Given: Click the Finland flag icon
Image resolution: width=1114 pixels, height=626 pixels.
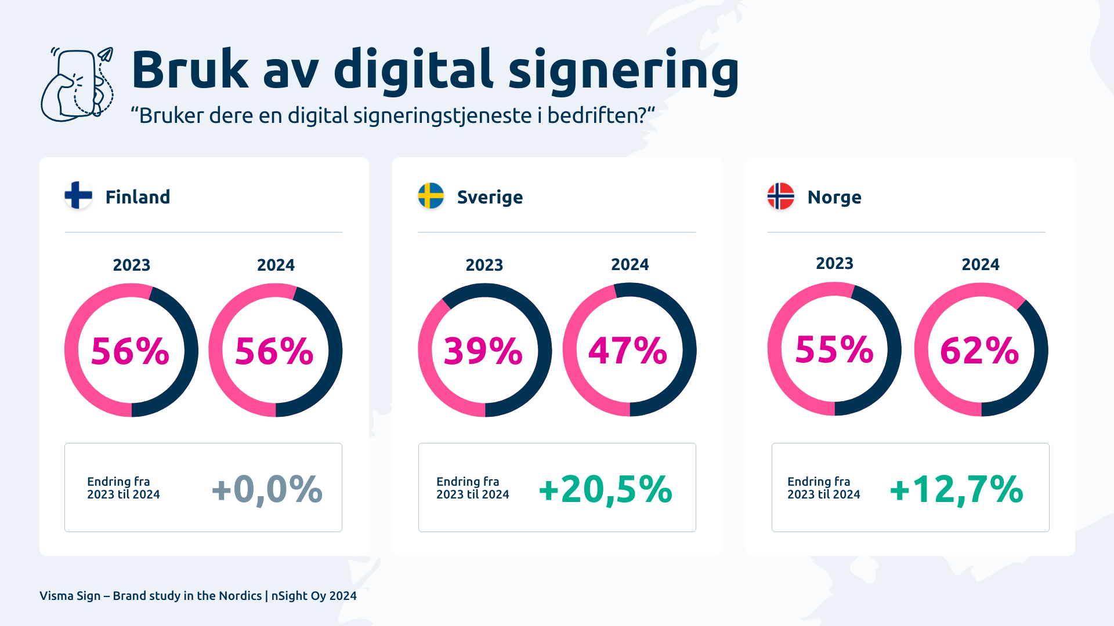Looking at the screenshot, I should pos(78,195).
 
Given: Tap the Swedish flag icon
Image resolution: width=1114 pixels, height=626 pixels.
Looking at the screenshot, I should pos(431,196).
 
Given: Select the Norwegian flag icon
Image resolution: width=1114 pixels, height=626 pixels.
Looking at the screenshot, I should pos(780,196).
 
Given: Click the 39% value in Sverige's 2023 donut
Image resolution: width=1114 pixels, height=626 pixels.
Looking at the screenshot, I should pos(483,351).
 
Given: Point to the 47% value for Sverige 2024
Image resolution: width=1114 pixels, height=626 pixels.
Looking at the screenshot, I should pos(628,351).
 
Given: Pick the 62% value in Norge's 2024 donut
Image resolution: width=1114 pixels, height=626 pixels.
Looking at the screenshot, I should pos(980,351).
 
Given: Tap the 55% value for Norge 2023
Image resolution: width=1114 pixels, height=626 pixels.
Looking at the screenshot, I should pos(834,350).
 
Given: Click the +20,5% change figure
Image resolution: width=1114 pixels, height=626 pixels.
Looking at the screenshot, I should pos(606,489).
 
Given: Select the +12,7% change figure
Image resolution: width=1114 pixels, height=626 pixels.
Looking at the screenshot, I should pos(956,489).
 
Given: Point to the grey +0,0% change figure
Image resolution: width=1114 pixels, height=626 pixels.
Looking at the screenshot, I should pos(267,489).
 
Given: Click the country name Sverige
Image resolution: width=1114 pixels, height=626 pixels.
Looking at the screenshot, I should pos(490,197).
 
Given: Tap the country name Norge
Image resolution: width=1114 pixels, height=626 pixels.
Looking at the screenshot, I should pos(834,197).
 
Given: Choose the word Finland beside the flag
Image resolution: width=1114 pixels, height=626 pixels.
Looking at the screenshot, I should pos(138,197).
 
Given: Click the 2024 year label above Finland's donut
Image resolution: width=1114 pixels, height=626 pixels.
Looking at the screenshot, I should pos(276,265).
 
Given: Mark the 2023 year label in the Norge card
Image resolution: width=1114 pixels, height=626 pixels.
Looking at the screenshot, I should pos(834,263).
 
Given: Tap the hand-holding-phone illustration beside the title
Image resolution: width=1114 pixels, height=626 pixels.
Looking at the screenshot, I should pos(77,85).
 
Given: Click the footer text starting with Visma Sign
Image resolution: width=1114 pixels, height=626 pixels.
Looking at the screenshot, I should pos(198,596).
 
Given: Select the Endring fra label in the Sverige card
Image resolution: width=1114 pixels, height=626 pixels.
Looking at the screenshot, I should pos(468,482).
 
